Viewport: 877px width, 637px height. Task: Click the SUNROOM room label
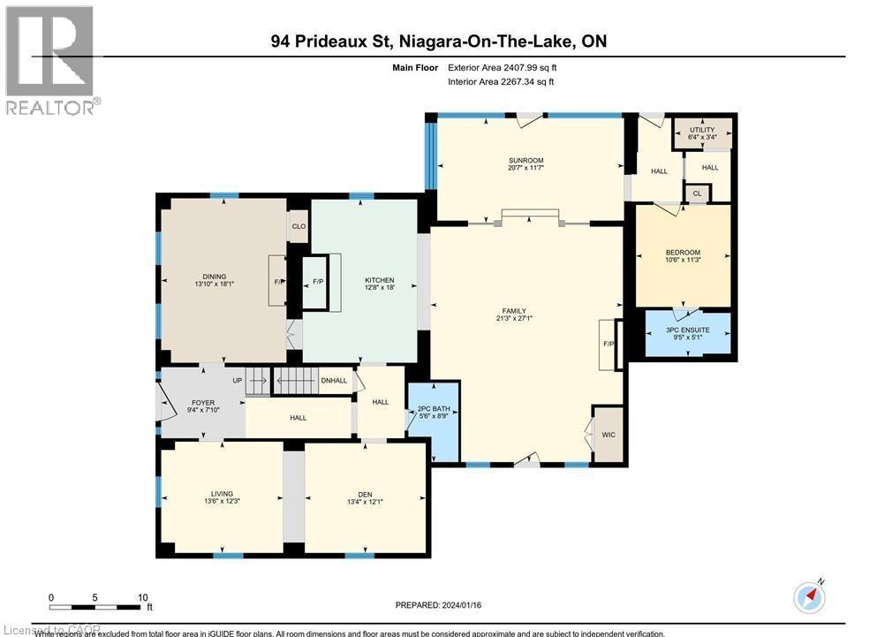525,161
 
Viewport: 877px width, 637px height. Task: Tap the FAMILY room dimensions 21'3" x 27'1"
513,319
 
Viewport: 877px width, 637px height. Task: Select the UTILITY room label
702,131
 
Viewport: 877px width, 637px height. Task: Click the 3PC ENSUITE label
688,330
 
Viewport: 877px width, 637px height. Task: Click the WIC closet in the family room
608,434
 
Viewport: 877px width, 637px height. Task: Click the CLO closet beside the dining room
299,226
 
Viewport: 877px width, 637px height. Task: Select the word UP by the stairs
237,380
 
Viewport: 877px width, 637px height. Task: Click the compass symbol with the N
808,597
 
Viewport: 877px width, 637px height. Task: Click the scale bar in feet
97,605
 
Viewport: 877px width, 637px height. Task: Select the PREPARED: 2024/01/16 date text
438,605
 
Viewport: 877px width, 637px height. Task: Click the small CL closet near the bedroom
697,193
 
